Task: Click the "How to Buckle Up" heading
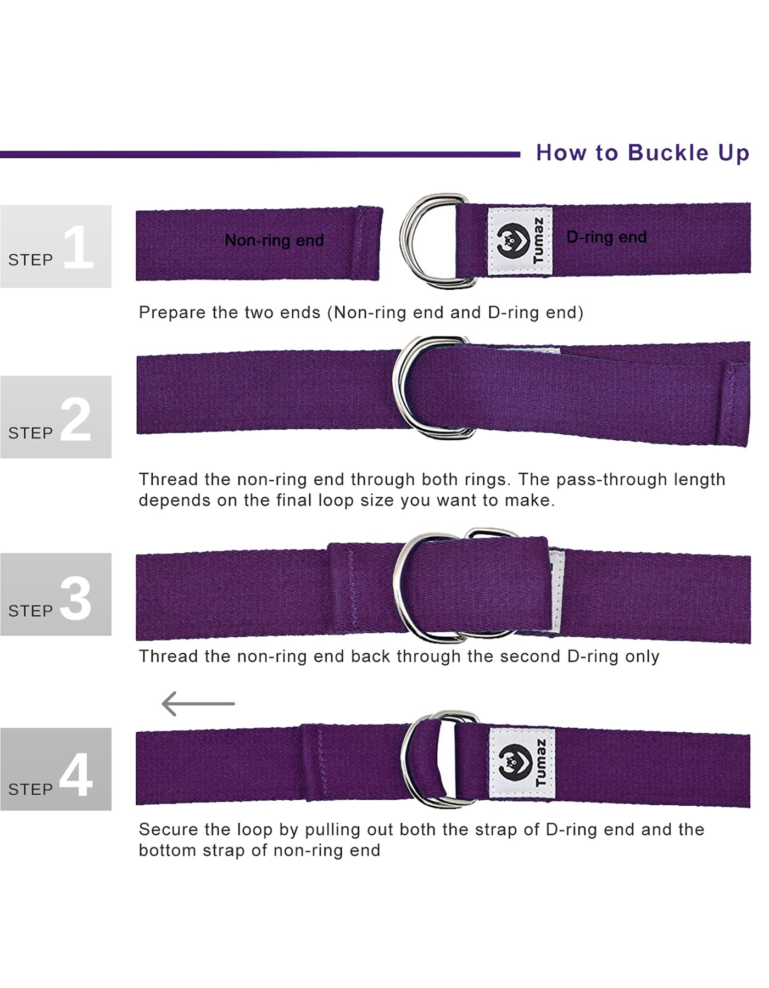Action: pos(642,153)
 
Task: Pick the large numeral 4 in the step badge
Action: pos(76,774)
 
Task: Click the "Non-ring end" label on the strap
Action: pos(274,240)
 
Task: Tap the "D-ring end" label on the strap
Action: pos(606,237)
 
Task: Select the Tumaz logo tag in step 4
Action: pos(522,763)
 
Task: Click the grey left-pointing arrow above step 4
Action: pos(198,703)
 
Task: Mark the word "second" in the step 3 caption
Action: pos(531,656)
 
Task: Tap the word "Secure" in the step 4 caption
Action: pos(168,829)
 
